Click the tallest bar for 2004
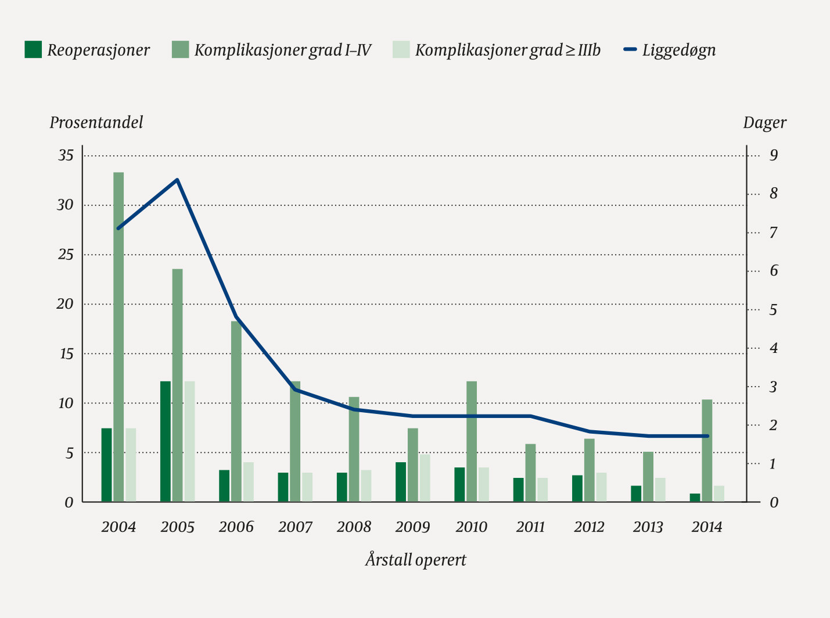tap(118, 337)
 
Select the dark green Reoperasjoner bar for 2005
tap(166, 442)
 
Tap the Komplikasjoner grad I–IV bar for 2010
tap(472, 442)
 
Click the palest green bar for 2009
tap(425, 478)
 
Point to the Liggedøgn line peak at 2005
tap(177, 180)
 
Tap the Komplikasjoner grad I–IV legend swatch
tap(181, 50)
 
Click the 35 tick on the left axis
tap(66, 156)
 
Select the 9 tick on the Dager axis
tap(774, 156)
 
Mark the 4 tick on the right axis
tap(774, 348)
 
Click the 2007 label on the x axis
tap(295, 527)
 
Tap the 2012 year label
tap(589, 527)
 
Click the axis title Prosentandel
tap(96, 123)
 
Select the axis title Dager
tap(764, 123)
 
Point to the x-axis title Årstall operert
tap(416, 560)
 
